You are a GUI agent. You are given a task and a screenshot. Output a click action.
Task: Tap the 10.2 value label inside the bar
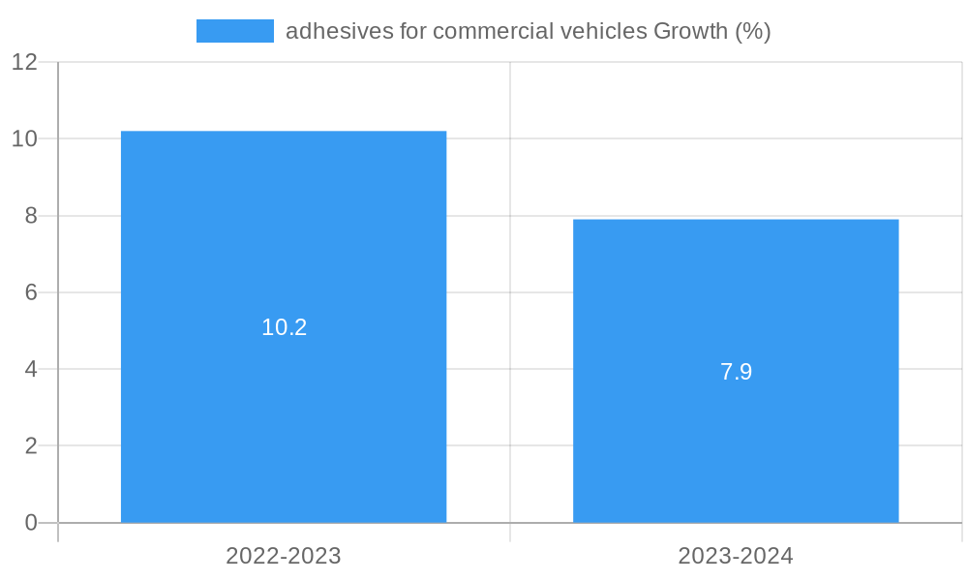tap(284, 327)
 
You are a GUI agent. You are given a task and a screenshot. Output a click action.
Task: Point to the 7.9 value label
tap(736, 372)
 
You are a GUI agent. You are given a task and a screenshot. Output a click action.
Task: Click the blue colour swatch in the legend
tap(234, 31)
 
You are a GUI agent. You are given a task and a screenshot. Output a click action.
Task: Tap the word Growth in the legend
tap(690, 31)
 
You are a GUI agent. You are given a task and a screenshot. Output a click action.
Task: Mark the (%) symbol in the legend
tap(752, 31)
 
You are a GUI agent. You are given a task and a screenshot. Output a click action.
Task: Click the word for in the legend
tap(413, 31)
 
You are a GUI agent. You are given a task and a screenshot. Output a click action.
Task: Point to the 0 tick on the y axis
tap(31, 523)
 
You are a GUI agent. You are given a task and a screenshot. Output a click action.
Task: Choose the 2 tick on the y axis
tap(31, 446)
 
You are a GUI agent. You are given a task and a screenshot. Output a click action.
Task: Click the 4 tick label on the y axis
tap(31, 369)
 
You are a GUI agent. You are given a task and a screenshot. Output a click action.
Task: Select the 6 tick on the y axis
tap(31, 292)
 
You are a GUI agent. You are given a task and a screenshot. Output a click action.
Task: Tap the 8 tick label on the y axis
tap(31, 216)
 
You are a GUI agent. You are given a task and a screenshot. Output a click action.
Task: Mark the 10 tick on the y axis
tap(24, 138)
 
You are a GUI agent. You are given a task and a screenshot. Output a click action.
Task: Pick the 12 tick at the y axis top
tap(24, 62)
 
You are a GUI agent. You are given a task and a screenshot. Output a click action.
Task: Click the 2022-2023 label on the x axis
tap(284, 556)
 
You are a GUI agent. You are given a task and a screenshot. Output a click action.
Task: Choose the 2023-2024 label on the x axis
tap(736, 556)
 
